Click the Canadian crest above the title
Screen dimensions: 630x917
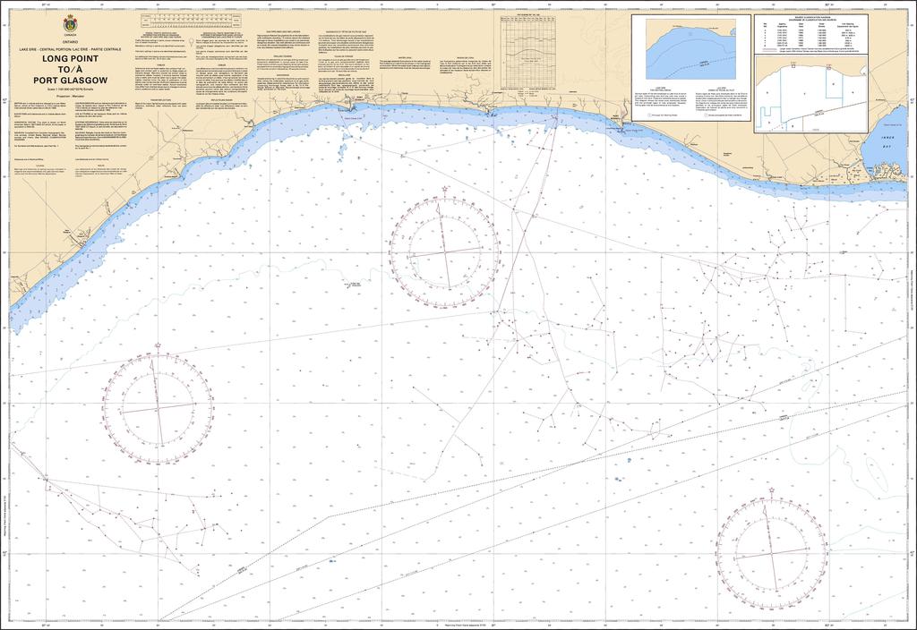(71, 23)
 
